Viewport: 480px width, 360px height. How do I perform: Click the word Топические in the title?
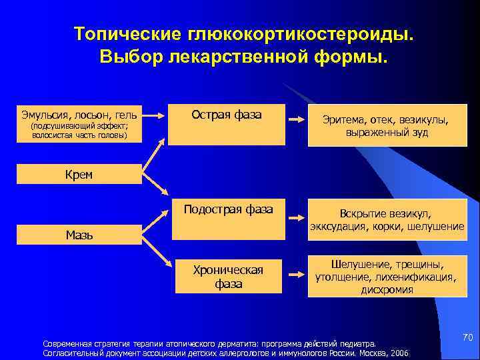tap(131, 35)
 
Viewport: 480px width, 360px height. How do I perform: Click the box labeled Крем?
tap(79, 175)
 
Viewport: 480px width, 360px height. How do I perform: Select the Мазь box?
tap(79, 234)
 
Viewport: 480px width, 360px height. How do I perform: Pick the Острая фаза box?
tap(227, 125)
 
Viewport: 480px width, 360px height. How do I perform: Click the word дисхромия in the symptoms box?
tap(387, 290)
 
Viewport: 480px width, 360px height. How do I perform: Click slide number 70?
tap(467, 339)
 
